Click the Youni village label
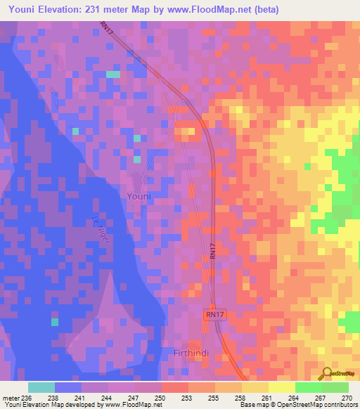[x=139, y=197]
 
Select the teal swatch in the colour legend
[x=41, y=387]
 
